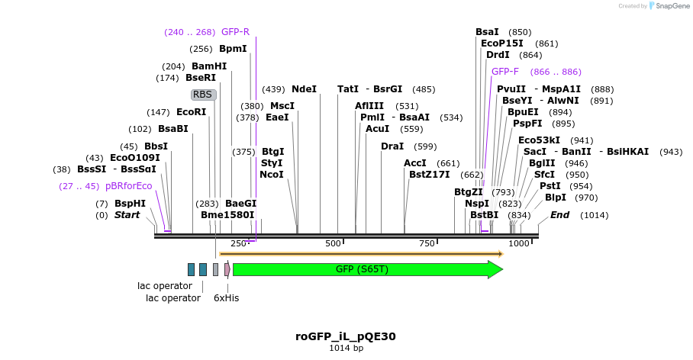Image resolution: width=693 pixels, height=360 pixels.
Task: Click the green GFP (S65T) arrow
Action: [366, 269]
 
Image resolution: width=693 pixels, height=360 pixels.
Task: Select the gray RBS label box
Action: [203, 95]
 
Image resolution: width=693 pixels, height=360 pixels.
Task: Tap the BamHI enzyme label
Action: [208, 66]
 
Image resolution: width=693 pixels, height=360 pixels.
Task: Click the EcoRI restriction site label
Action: [191, 112]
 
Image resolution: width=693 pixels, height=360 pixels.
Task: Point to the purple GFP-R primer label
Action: [235, 32]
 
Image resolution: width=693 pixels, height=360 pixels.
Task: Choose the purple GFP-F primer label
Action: [505, 72]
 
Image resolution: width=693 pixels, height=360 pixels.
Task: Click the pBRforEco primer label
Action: [129, 186]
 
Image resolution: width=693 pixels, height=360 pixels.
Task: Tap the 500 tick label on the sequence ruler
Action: [334, 243]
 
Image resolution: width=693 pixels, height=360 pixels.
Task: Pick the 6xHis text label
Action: [226, 298]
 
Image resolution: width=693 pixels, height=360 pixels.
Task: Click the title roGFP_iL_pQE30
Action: [346, 336]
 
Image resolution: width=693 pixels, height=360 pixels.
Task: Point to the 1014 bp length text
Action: [346, 349]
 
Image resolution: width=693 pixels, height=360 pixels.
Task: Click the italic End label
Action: [560, 215]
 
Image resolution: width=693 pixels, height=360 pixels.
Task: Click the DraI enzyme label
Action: [392, 146]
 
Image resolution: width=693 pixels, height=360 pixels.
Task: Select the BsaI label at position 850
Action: [487, 32]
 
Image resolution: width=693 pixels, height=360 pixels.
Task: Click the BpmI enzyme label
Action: [233, 49]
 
